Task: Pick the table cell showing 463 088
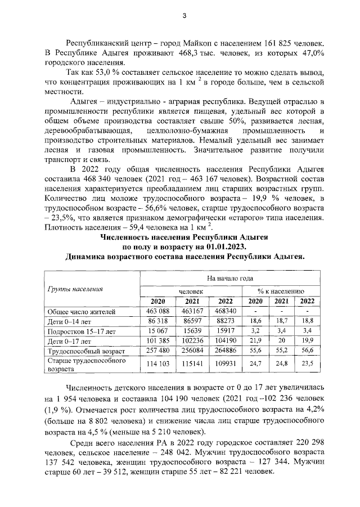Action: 158,311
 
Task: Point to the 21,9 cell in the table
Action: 256,341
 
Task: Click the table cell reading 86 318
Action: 158,321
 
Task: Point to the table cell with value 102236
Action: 192,341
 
